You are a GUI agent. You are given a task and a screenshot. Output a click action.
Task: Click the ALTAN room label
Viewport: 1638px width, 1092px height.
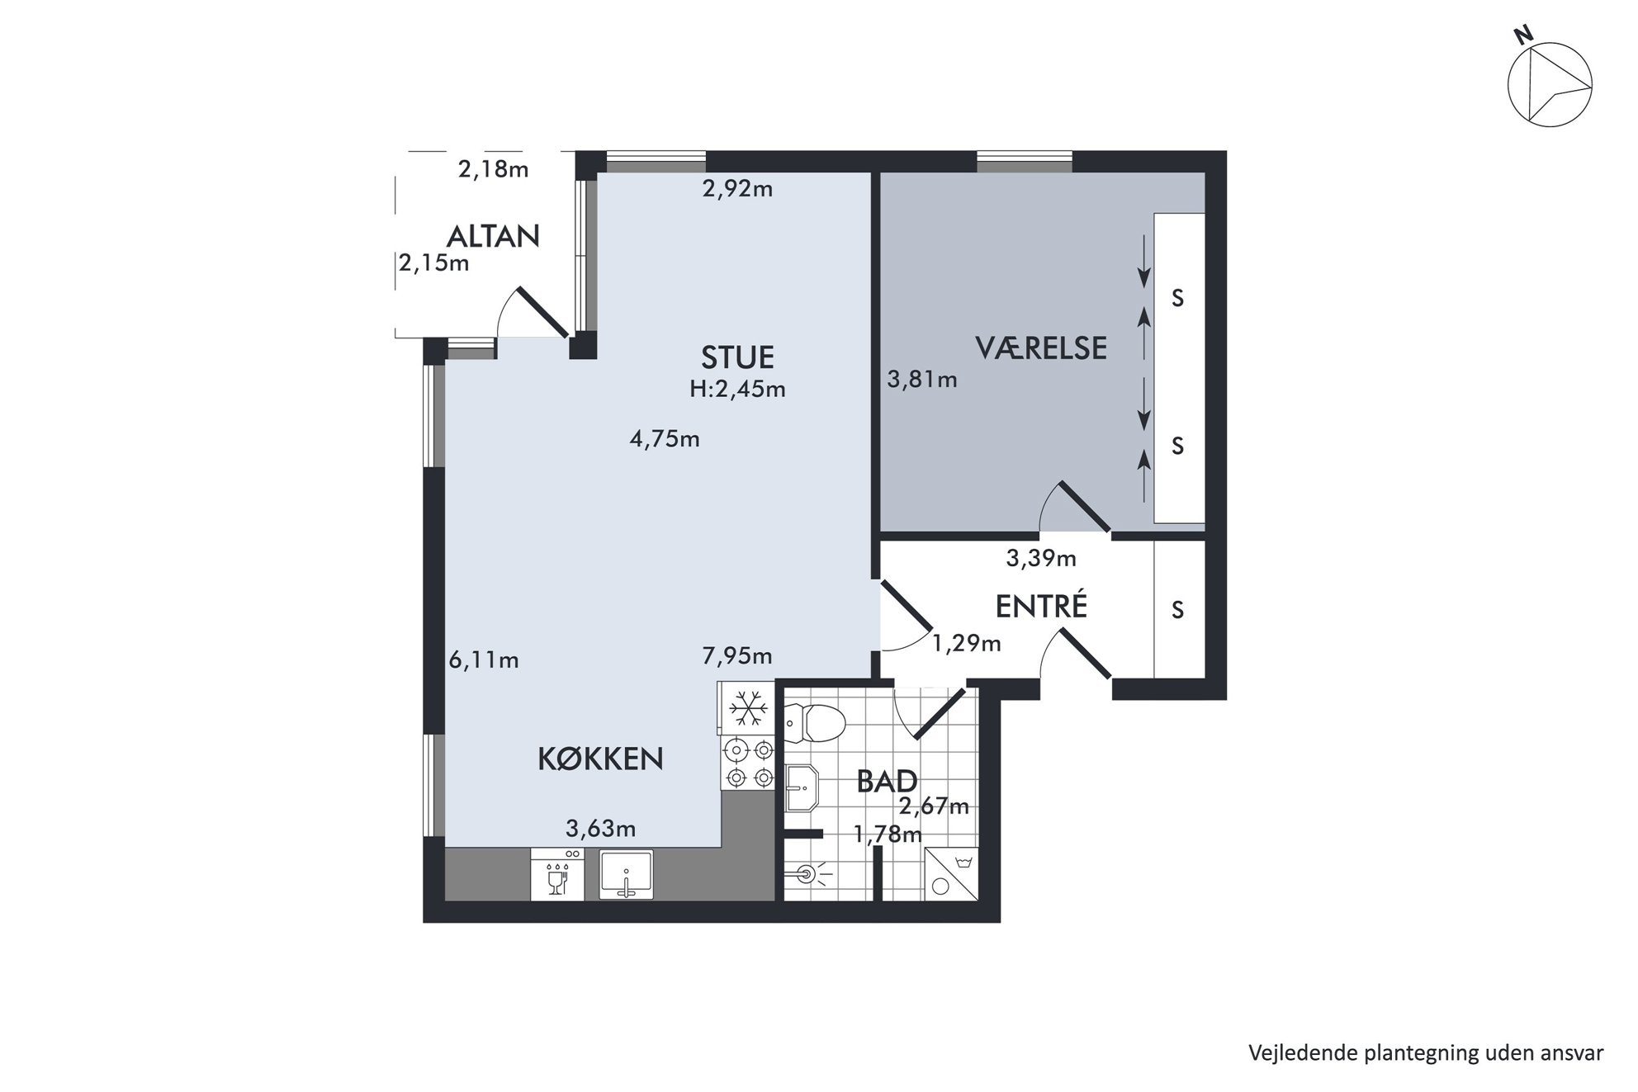click(493, 237)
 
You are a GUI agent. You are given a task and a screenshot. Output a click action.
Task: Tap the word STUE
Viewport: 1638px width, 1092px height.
click(737, 357)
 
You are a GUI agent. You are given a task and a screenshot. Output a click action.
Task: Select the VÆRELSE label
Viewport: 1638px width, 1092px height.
click(1041, 347)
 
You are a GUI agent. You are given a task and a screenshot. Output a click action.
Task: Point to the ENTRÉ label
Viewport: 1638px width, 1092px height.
click(1041, 606)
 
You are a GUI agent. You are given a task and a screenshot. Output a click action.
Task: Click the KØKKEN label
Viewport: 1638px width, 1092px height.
click(600, 759)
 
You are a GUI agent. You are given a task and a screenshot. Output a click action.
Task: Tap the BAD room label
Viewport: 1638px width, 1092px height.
click(887, 781)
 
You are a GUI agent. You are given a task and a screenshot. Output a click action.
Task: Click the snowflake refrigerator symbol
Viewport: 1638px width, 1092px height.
click(747, 707)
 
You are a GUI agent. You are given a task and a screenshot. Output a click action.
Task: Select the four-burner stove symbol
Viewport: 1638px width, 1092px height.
click(747, 763)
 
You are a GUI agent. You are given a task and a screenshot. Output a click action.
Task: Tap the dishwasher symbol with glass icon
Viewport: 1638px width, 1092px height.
click(557, 875)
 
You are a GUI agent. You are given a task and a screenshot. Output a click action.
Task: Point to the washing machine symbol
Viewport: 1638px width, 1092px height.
click(951, 874)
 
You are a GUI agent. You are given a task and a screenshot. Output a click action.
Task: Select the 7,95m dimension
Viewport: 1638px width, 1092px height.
click(737, 656)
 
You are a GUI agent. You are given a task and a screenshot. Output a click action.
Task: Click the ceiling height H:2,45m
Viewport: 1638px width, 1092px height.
click(737, 389)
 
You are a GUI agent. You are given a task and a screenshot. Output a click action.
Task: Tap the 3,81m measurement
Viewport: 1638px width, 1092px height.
click(922, 380)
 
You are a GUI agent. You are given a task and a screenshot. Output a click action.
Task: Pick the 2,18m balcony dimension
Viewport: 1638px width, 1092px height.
click(493, 170)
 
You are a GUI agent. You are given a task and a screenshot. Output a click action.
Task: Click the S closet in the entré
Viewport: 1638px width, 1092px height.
click(1179, 609)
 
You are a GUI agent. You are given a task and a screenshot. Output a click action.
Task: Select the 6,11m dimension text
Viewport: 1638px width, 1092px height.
click(484, 660)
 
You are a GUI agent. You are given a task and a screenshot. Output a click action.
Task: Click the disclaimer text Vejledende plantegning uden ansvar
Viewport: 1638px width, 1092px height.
click(1426, 1053)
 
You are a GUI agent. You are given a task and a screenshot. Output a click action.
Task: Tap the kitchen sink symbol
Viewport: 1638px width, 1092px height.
click(626, 875)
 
